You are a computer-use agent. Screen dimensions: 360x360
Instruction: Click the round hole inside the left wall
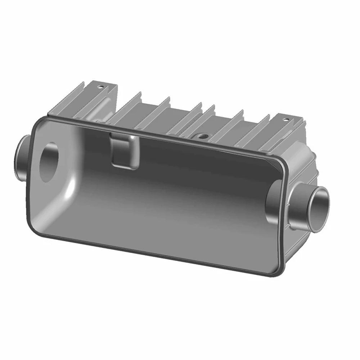coord(48,162)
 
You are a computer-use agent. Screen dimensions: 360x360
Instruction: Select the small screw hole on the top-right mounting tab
coord(285,120)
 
